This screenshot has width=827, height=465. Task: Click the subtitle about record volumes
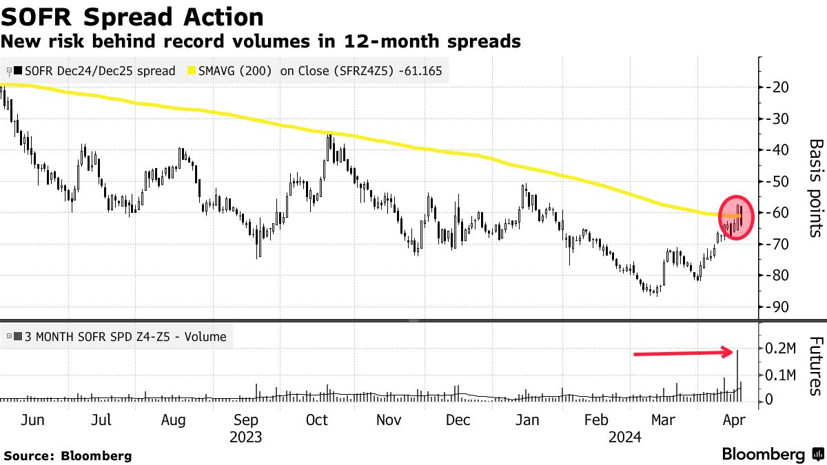pos(261,42)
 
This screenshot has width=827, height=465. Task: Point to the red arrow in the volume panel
pos(682,353)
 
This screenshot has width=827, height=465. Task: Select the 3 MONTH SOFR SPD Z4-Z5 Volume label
pos(125,337)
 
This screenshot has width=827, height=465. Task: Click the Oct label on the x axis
pos(317,420)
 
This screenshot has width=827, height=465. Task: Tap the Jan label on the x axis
pos(527,420)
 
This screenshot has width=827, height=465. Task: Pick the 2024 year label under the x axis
pos(625,436)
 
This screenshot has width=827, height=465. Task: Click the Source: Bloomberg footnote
pos(68,455)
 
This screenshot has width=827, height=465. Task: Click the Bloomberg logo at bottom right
pos(772,454)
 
